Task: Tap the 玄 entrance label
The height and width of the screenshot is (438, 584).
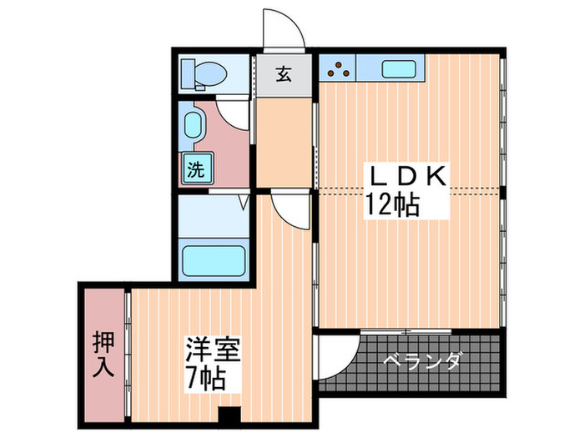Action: tap(284, 74)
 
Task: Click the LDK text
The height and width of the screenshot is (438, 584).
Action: tap(410, 177)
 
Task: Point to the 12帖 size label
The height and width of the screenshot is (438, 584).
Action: tap(390, 203)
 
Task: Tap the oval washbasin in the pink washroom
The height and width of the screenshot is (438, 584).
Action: tap(193, 128)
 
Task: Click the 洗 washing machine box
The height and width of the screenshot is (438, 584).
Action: tap(195, 170)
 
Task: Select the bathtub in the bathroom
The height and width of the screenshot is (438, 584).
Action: tap(213, 260)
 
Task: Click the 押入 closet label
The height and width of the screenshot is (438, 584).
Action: tap(103, 354)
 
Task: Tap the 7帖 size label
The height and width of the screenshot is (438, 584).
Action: tap(204, 380)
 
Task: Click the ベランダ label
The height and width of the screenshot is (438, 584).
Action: tap(422, 362)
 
